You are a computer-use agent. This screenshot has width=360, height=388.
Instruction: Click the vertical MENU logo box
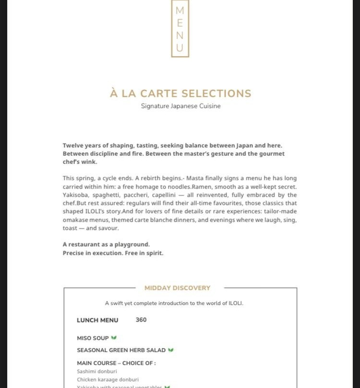[x=180, y=28]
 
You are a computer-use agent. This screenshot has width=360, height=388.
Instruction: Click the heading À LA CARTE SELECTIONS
[x=180, y=94]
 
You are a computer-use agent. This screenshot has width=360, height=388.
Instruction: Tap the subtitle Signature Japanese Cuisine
[x=180, y=106]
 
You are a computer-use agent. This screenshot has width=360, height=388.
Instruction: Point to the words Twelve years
[x=79, y=145]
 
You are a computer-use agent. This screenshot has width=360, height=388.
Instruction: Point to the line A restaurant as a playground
[x=106, y=244]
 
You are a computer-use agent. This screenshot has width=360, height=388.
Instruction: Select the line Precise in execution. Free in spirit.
[x=113, y=253]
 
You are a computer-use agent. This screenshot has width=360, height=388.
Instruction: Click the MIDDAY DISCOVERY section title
[x=178, y=288]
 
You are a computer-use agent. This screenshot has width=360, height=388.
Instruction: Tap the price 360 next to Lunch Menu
[x=141, y=320]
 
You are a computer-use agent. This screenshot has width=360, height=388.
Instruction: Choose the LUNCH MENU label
[x=97, y=320]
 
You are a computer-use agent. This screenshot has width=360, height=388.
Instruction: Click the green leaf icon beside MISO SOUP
[x=114, y=338]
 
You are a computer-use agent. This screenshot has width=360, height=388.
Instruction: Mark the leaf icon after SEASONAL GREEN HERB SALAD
[x=171, y=350]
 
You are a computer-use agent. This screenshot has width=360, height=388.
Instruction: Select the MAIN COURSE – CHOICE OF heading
[x=116, y=363]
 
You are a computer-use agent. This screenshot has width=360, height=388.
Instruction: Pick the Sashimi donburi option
[x=97, y=371]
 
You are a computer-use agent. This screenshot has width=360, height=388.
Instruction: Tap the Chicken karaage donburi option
[x=108, y=379]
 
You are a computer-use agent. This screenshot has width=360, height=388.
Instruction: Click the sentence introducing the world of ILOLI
[x=174, y=303]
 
